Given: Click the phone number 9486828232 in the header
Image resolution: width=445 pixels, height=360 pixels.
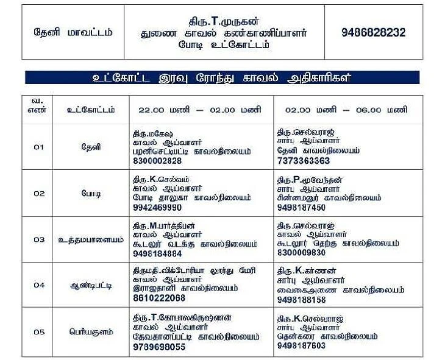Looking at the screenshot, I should pyautogui.click(x=373, y=33).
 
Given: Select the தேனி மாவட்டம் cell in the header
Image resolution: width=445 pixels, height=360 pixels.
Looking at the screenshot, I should pyautogui.click(x=73, y=33).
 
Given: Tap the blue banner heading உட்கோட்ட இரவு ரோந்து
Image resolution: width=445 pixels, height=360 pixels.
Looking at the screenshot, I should pyautogui.click(x=222, y=78).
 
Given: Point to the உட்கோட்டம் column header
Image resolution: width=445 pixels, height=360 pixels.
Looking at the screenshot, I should pyautogui.click(x=91, y=110).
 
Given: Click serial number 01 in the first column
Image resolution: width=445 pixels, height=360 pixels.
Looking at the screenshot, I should pyautogui.click(x=39, y=147).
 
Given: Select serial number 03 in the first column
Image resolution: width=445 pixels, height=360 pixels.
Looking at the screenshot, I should pyautogui.click(x=39, y=239).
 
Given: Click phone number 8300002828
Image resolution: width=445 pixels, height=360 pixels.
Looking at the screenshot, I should pyautogui.click(x=157, y=161).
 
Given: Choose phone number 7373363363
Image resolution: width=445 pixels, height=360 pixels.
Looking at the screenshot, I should pyautogui.click(x=303, y=161).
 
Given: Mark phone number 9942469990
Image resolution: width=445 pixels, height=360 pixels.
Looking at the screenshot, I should pyautogui.click(x=157, y=208).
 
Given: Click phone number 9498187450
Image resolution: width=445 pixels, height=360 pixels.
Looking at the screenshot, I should pyautogui.click(x=301, y=208).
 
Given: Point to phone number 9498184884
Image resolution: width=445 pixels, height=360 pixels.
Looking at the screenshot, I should pyautogui.click(x=157, y=253).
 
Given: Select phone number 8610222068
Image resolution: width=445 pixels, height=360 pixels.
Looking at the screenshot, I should pyautogui.click(x=158, y=298).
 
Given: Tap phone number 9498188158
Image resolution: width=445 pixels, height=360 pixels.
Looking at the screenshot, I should pyautogui.click(x=301, y=300).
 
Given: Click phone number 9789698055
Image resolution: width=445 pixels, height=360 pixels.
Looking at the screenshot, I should pyautogui.click(x=158, y=347).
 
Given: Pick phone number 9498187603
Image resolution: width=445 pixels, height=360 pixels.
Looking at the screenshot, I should pyautogui.click(x=301, y=345).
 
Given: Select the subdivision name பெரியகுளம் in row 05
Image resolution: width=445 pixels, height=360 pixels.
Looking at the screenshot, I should pyautogui.click(x=91, y=332).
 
